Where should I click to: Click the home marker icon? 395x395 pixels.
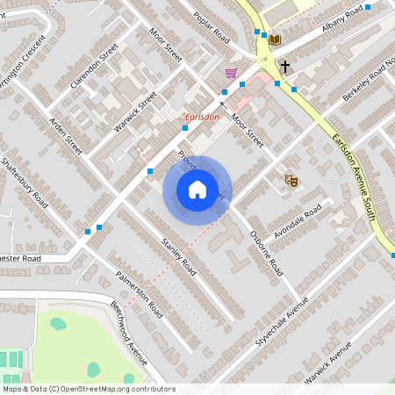[197, 190]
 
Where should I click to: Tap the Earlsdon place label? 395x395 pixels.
[202, 118]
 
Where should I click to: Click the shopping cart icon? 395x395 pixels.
[231, 73]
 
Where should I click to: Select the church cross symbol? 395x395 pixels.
[284, 66]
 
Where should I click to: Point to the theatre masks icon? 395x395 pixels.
[291, 181]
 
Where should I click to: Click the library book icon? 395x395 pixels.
[274, 39]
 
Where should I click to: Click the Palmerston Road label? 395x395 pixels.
[140, 294]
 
